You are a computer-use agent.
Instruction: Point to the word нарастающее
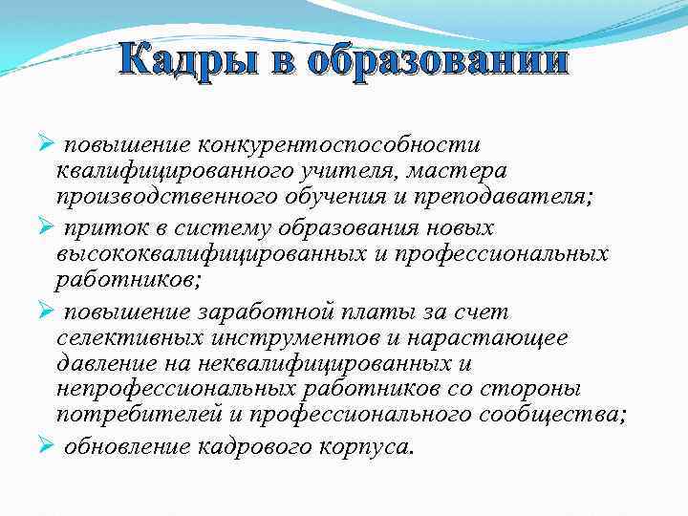pos(498,338)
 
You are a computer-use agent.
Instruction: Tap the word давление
pos(104,364)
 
